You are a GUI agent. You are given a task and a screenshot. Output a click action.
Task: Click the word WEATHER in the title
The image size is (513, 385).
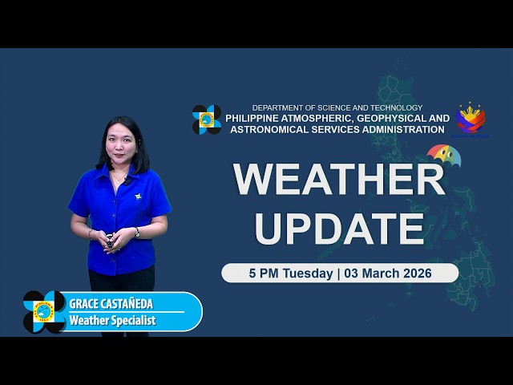339,180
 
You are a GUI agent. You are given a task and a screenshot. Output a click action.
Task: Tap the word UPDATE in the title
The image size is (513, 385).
339,228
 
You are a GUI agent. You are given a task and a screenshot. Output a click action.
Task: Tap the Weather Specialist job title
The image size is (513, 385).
112,320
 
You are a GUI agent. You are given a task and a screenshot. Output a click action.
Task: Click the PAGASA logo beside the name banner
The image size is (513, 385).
45,311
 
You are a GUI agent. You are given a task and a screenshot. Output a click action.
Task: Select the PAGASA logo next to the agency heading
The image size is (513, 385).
207,120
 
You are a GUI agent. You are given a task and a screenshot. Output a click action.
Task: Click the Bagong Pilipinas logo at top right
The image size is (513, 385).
471,118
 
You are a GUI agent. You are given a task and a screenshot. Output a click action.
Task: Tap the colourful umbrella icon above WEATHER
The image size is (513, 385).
444,154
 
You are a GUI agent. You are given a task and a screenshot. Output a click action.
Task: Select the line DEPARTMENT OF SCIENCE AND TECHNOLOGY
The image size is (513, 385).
337,107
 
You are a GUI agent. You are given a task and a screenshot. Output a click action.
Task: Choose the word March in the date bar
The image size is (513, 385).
375,274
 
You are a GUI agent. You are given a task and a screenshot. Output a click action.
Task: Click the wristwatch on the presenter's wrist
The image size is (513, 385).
137,233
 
